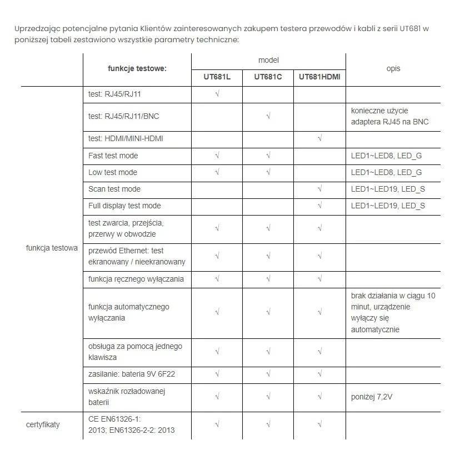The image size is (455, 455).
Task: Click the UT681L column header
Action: click(217, 77)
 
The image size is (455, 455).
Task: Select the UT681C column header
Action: click(268, 77)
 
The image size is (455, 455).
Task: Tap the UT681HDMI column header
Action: click(319, 77)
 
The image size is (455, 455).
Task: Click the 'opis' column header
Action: click(393, 68)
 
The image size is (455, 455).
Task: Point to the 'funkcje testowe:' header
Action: click(137, 68)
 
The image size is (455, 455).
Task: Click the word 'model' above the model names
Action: click(268, 60)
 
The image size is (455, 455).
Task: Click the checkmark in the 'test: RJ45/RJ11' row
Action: click(217, 94)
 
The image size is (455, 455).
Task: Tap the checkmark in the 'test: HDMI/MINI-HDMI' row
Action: click(319, 138)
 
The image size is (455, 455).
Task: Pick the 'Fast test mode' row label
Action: click(113, 156)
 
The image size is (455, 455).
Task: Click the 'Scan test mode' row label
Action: click(114, 189)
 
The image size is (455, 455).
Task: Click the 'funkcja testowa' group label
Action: click(52, 248)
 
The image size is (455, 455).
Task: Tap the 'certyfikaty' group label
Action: click(43, 424)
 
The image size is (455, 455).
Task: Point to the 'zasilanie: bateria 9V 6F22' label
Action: click(131, 374)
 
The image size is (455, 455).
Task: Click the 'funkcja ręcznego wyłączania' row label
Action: click(136, 279)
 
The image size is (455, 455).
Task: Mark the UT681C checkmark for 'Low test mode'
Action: click(268, 172)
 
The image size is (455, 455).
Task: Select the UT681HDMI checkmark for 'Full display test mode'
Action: click(319, 206)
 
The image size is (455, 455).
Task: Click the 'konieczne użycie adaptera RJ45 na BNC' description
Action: click(389, 117)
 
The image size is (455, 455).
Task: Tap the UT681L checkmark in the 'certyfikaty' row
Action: click(217, 425)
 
